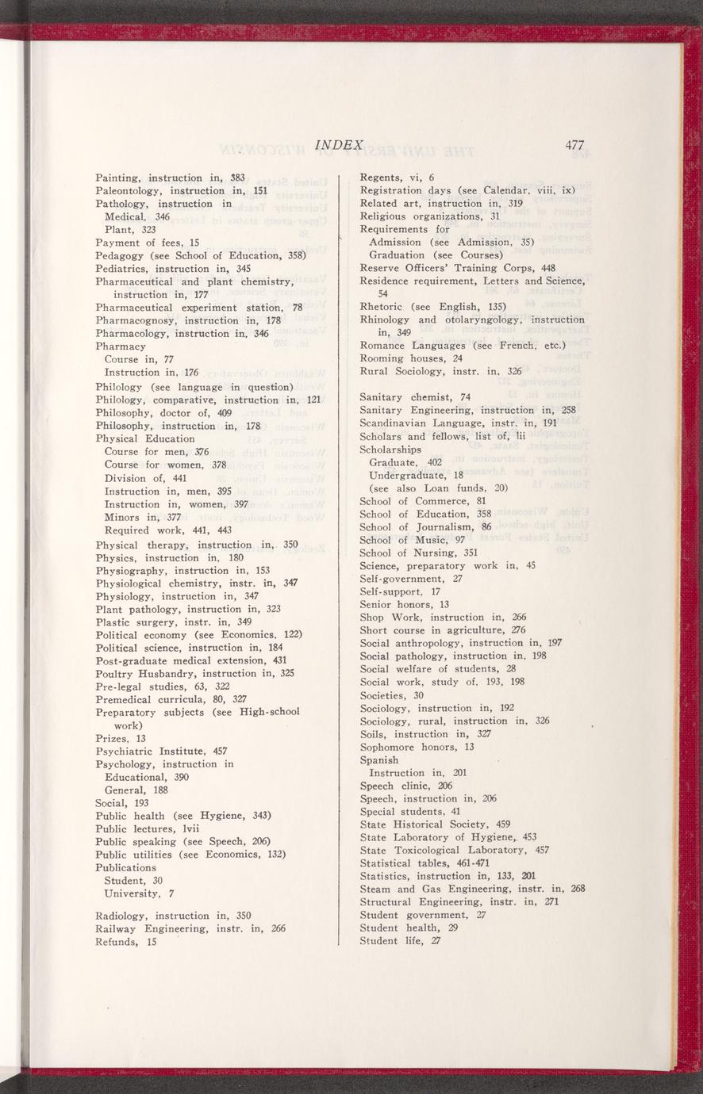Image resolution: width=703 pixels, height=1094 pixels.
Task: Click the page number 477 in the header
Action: (574, 146)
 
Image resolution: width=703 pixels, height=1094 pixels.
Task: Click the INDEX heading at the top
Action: (339, 146)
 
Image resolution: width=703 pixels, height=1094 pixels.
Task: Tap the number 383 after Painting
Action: (234, 178)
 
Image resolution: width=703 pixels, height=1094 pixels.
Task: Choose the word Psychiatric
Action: (129, 751)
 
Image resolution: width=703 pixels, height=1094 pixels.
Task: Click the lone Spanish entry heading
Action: (379, 760)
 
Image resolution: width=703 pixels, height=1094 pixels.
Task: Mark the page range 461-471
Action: (455, 863)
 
